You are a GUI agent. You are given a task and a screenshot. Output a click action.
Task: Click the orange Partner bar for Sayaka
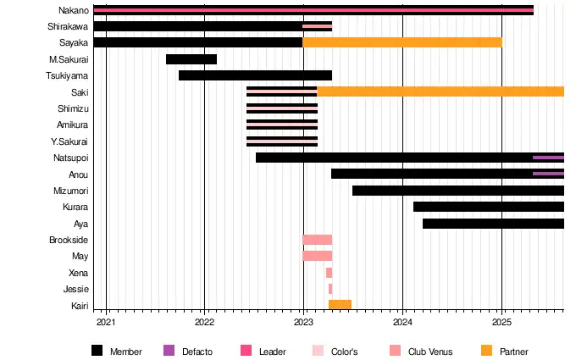click(402, 42)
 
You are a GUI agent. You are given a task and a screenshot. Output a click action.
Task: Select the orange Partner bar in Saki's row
click(440, 91)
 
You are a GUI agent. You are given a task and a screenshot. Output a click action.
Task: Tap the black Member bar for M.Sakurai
click(191, 59)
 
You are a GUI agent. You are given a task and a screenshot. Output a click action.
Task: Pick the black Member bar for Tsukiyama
click(255, 75)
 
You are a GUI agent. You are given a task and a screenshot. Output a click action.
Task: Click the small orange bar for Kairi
click(340, 305)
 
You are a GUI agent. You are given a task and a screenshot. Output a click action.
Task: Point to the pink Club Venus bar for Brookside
click(317, 240)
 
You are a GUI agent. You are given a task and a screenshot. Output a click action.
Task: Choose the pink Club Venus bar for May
click(317, 256)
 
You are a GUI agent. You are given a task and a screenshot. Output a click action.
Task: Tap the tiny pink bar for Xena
click(329, 273)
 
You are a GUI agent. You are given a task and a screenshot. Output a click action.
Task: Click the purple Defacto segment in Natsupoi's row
click(548, 158)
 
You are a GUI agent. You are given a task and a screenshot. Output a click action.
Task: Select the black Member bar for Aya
click(493, 224)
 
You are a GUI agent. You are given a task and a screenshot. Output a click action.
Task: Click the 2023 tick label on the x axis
click(303, 322)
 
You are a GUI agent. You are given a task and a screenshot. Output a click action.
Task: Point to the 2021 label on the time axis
click(106, 322)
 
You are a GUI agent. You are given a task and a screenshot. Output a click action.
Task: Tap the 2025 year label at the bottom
click(501, 322)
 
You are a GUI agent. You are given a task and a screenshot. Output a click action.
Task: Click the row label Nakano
click(73, 10)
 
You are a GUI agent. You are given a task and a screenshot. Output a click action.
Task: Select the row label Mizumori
click(70, 191)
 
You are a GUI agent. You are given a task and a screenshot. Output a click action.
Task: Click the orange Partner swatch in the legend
click(486, 351)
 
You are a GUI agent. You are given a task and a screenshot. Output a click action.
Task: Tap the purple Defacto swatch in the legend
click(168, 351)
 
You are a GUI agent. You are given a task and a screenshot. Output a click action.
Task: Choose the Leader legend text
click(272, 352)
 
